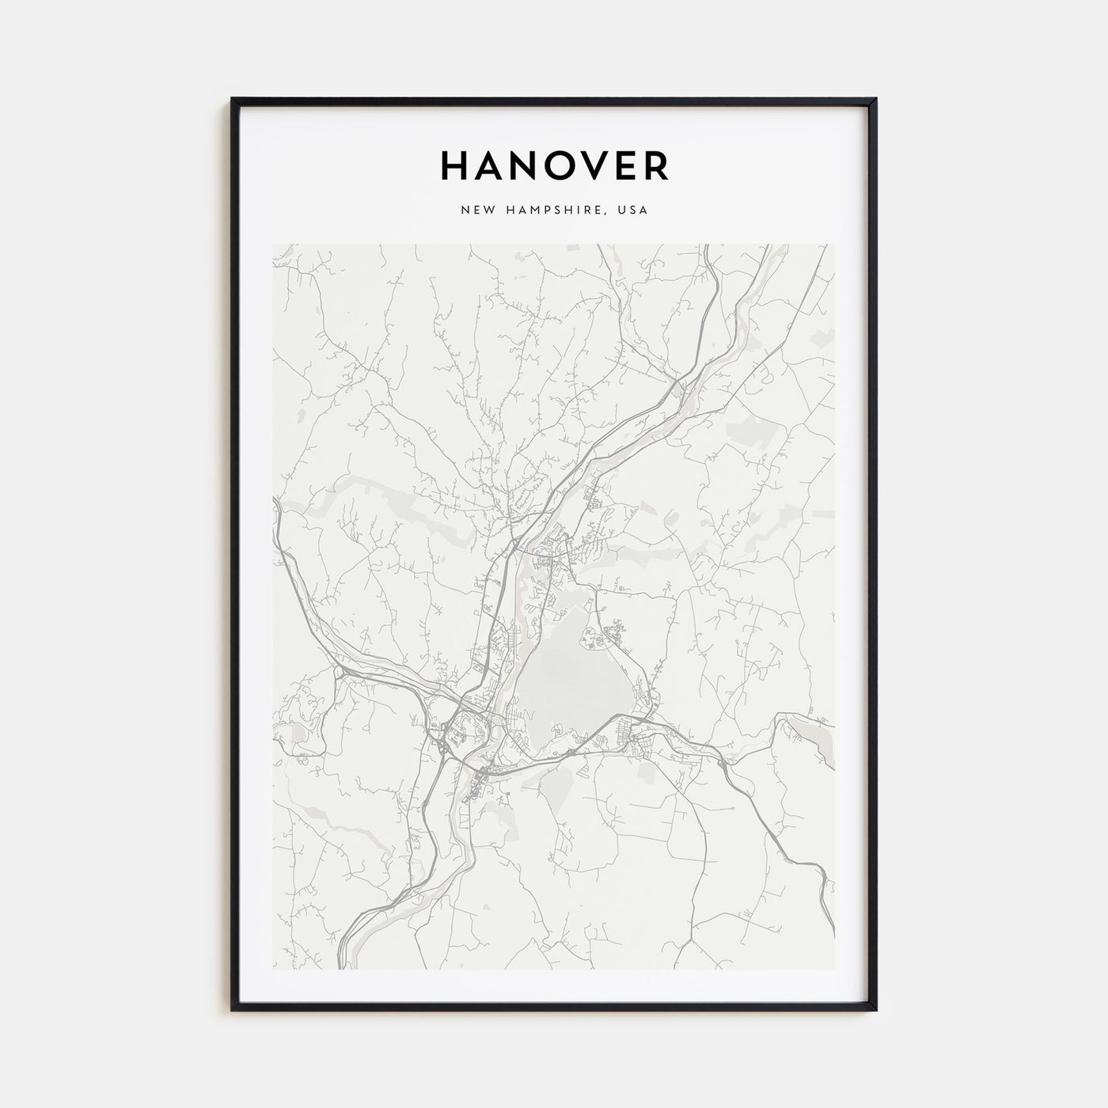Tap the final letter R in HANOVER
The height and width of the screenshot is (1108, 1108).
coord(661,165)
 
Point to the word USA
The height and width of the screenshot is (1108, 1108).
coord(636,211)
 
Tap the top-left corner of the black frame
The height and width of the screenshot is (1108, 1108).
coord(233,100)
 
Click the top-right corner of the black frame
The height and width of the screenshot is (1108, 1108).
coord(876,100)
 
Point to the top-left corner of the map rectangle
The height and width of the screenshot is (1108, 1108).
coord(273,245)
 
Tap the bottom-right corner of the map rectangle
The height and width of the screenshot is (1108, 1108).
coord(835,969)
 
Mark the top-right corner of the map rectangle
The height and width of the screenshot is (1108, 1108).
coord(835,245)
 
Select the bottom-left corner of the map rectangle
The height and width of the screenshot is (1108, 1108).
coord(273,969)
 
